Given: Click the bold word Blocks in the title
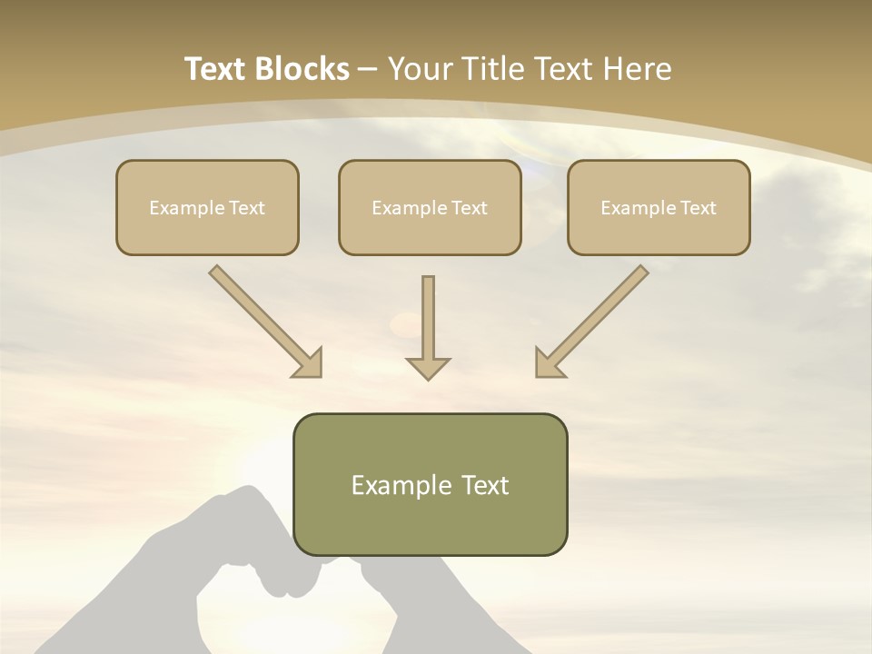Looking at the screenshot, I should click(302, 69).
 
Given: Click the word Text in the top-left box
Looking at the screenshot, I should click(247, 208).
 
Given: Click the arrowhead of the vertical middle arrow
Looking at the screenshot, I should click(428, 368).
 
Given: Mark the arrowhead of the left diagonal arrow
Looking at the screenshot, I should click(309, 363).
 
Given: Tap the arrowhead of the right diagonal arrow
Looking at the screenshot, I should click(548, 363).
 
